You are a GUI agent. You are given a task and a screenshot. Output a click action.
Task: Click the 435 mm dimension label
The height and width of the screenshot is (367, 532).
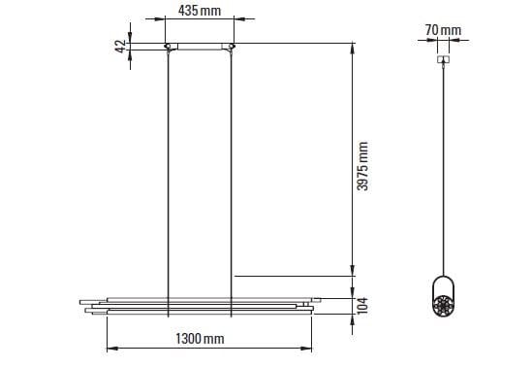tap(200, 11)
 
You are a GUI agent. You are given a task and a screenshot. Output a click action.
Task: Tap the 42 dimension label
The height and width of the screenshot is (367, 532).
tap(120, 47)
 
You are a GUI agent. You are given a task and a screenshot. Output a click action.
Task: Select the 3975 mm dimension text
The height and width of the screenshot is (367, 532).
tap(362, 166)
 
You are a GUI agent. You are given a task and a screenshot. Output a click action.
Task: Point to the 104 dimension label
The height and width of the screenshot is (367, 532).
tap(362, 306)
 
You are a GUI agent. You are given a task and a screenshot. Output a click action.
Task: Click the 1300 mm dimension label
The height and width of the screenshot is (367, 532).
tap(200, 339)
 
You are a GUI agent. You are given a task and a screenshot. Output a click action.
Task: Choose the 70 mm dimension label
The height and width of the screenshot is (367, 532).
tap(443, 30)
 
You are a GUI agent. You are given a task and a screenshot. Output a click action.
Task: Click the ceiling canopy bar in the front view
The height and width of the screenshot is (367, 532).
tap(200, 47)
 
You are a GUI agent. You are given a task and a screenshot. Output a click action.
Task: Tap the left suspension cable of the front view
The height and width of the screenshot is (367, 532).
tap(169, 183)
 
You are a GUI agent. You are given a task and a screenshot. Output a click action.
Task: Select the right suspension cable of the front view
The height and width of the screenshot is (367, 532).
tap(231, 183)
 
